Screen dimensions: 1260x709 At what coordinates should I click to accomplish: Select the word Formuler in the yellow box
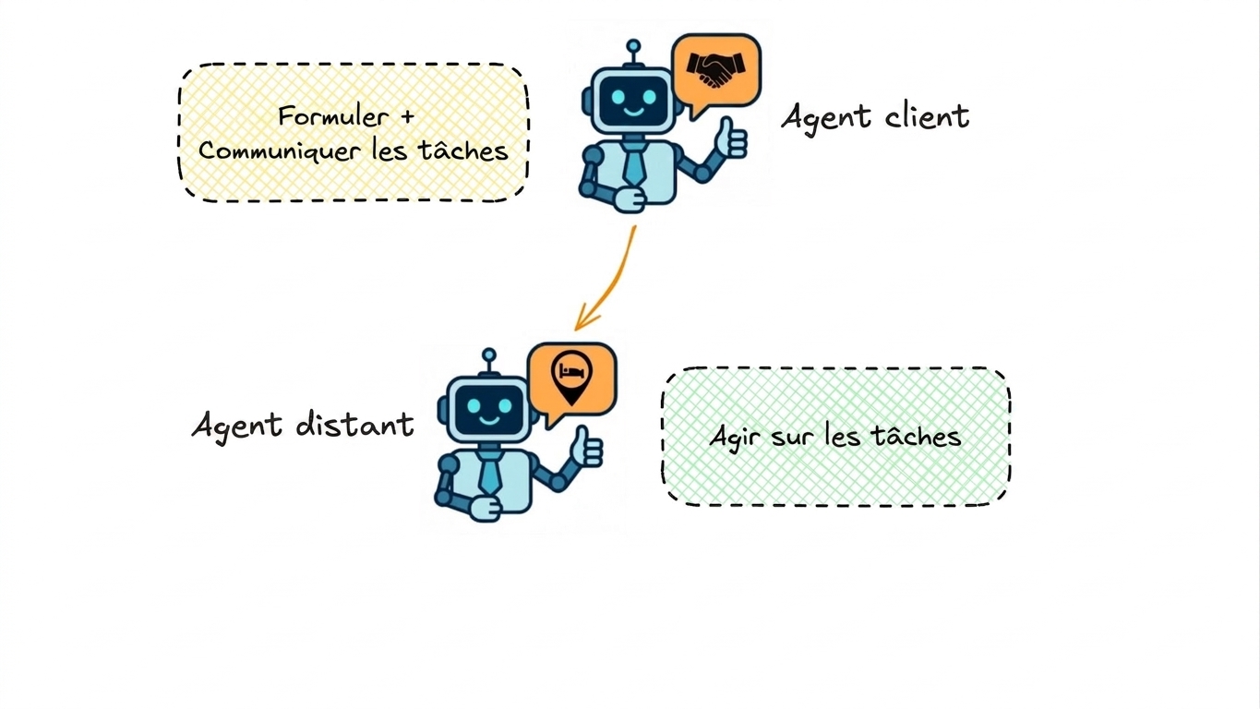tap(333, 116)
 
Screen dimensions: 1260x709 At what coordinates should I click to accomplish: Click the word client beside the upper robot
tap(927, 116)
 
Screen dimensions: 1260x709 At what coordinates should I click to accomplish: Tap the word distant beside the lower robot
tap(355, 424)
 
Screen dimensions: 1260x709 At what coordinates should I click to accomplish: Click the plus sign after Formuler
tap(407, 116)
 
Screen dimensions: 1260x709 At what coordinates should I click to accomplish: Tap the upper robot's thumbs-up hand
tap(731, 138)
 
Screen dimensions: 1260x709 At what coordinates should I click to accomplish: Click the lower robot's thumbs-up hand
tap(586, 447)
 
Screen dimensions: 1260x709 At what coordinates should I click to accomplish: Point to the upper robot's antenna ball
tap(633, 46)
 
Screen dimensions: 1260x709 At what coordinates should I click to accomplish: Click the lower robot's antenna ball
tap(489, 355)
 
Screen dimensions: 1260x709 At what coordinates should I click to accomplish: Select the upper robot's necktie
tap(634, 162)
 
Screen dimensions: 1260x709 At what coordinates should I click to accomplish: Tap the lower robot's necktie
tap(490, 472)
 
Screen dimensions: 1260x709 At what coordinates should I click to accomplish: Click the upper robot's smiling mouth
tap(634, 112)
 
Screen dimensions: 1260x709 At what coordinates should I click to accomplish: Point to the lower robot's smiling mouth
tap(489, 420)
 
